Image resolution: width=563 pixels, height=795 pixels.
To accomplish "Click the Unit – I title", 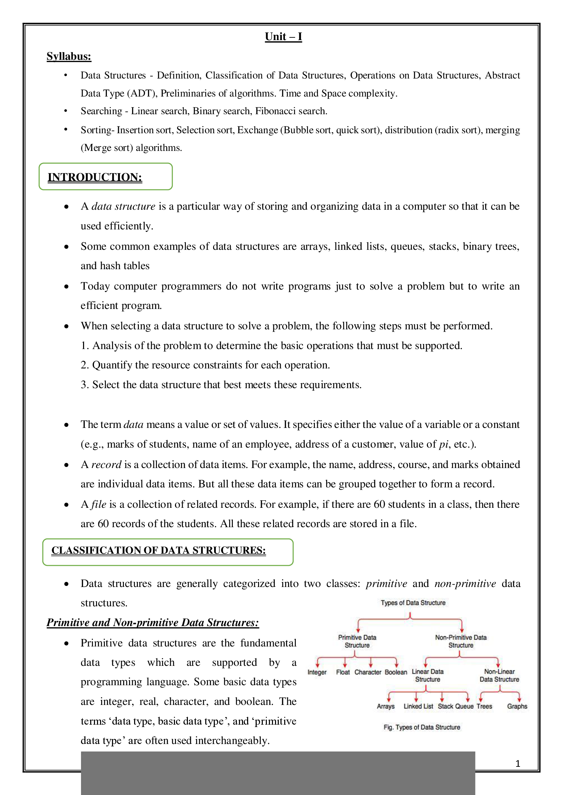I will click(x=283, y=37).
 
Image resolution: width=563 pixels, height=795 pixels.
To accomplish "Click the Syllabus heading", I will click(x=69, y=56).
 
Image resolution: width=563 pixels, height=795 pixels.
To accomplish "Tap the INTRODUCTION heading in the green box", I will click(x=95, y=177).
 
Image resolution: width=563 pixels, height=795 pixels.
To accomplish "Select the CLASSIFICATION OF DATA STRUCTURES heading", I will click(x=158, y=550).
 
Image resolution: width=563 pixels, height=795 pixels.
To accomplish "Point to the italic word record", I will click(x=106, y=464).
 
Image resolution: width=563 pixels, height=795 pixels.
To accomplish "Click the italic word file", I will click(x=98, y=504).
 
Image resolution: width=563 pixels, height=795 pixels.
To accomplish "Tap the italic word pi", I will click(x=444, y=444).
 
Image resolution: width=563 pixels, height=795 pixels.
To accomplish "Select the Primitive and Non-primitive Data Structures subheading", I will click(x=152, y=623).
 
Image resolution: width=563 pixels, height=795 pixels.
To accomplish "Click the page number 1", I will click(x=518, y=763).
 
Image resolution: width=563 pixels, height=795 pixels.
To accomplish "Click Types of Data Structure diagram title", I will click(x=413, y=603).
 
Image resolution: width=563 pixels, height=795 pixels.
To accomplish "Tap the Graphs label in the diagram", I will click(x=517, y=706).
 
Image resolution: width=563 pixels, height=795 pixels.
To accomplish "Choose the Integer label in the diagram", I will click(x=317, y=672).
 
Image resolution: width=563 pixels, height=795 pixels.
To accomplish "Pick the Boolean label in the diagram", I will click(x=396, y=672).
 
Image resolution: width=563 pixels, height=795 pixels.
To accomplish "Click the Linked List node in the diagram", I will click(x=418, y=706).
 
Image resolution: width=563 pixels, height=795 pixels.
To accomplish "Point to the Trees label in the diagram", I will click(x=484, y=706).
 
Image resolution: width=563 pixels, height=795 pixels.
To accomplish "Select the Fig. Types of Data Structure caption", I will click(x=421, y=727).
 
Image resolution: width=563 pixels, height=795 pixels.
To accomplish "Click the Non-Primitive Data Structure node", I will click(x=461, y=641).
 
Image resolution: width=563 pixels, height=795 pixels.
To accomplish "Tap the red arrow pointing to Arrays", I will click(x=389, y=697).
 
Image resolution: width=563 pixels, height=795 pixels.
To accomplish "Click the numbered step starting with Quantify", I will click(x=205, y=365).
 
